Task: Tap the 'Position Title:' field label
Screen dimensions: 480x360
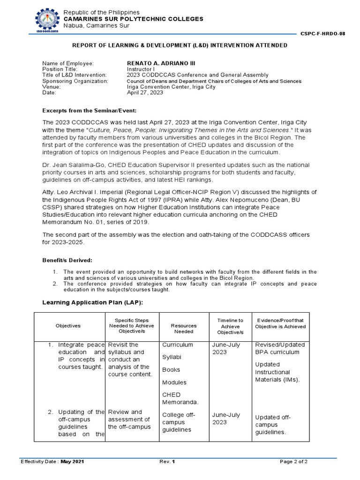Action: coord(60,69)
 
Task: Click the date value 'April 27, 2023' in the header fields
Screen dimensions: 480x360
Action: coord(145,93)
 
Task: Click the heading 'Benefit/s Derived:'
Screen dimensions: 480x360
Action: coord(67,260)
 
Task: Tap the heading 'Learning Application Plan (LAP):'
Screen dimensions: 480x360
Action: coord(92,302)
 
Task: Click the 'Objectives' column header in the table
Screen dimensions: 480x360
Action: coord(68,326)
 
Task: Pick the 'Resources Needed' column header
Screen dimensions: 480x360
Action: coord(184,329)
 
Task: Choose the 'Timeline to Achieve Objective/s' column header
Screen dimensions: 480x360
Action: coord(230,326)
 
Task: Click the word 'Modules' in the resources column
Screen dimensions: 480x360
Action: coord(174,382)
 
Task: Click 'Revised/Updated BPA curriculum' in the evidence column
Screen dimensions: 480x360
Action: coord(279,348)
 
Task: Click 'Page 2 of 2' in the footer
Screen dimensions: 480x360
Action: coord(293,462)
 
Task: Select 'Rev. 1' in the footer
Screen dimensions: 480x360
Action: coord(167,462)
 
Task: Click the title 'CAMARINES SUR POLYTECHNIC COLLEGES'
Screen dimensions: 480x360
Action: coord(134,19)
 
